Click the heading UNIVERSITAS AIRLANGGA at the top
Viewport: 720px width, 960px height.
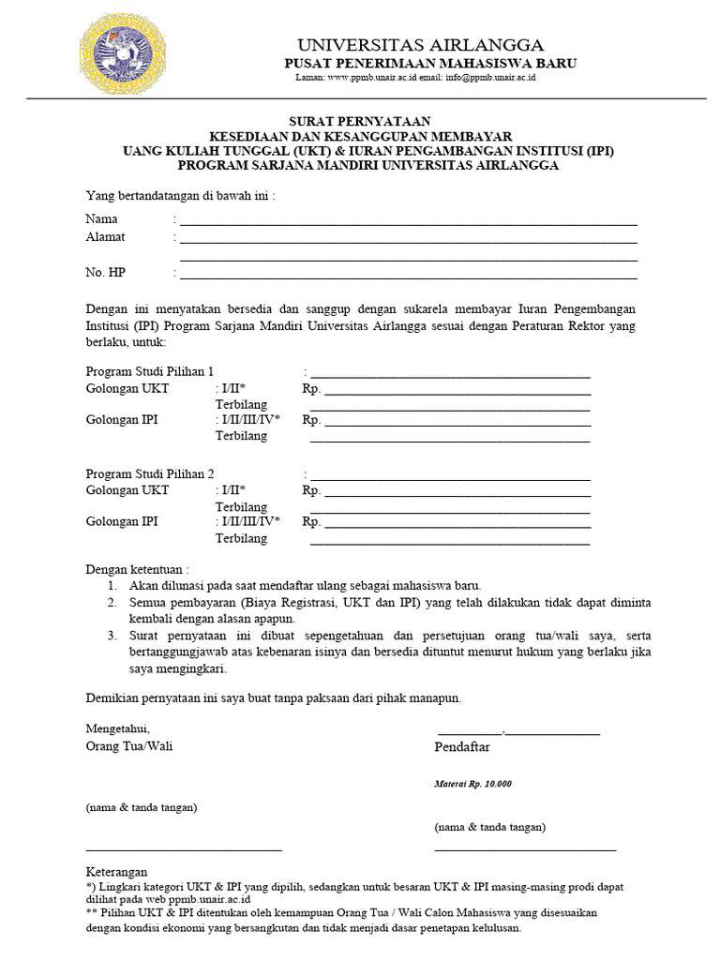click(420, 45)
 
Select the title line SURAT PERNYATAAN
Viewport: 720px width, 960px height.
click(359, 121)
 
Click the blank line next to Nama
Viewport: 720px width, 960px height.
click(409, 224)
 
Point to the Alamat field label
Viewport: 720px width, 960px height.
click(106, 237)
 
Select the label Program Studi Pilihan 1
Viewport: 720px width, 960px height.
click(150, 370)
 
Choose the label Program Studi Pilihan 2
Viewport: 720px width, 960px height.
click(150, 473)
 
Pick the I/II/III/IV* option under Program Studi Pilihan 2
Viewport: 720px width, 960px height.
click(248, 522)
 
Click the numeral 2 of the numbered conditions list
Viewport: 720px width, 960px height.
click(111, 602)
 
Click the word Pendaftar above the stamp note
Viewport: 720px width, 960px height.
click(462, 747)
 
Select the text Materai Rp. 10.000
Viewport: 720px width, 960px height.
click(472, 784)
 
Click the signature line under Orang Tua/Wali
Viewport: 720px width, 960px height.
click(184, 849)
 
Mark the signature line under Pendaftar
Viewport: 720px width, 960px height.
click(525, 849)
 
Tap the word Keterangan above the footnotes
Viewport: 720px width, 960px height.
click(117, 871)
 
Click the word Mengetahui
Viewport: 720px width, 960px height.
click(117, 728)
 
